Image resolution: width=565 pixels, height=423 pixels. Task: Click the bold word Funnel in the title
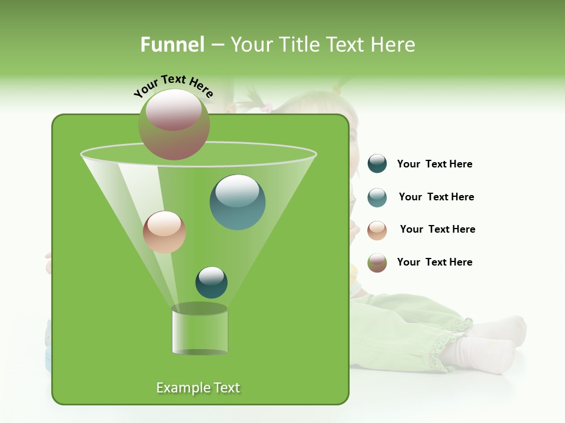point(172,45)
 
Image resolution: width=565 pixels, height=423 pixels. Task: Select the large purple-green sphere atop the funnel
point(174,125)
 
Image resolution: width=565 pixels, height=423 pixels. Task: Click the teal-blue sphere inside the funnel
point(237,202)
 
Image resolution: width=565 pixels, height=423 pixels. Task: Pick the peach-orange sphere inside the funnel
point(164,232)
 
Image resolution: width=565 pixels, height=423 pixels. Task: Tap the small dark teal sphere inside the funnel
point(211,282)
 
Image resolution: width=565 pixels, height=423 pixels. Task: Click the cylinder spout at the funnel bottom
point(200,330)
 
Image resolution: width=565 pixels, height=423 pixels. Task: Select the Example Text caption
point(198,388)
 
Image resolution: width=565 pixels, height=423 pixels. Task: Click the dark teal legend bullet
point(377,164)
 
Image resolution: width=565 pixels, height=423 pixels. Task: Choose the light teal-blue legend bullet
point(377,197)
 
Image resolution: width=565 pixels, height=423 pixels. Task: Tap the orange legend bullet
point(377,230)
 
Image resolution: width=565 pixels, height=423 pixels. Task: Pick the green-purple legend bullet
point(377,263)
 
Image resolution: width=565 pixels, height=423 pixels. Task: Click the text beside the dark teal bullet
point(434,164)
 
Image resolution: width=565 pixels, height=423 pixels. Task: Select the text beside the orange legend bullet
point(437,230)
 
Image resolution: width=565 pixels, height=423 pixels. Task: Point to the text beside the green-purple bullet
point(434,262)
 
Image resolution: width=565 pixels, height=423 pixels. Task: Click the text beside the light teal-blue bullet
point(436,197)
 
